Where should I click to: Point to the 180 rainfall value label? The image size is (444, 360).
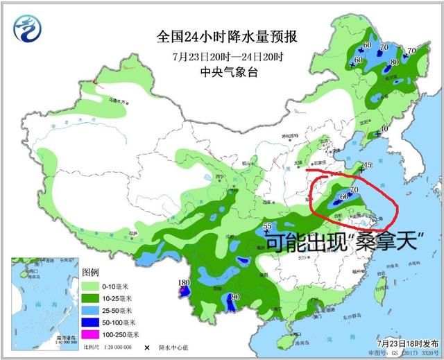tap(184, 282)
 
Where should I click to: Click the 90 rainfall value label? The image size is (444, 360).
tap(235, 297)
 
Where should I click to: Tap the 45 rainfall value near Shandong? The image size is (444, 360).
tap(368, 164)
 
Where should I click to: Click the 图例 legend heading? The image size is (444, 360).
tap(92, 271)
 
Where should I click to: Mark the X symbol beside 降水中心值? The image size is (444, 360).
tap(146, 346)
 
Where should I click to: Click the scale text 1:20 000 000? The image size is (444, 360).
tap(110, 346)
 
